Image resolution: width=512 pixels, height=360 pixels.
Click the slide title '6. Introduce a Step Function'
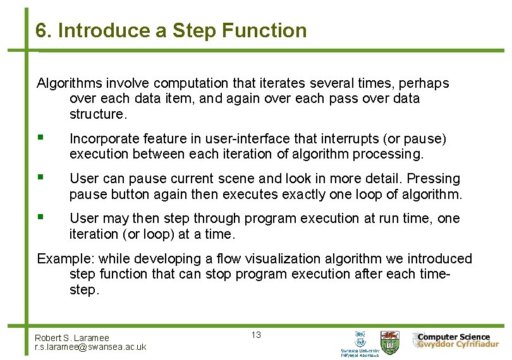171,30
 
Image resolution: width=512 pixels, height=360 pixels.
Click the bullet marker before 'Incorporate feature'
40,138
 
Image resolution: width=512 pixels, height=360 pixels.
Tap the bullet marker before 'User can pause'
40,178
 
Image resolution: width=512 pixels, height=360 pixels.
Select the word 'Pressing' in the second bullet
435,179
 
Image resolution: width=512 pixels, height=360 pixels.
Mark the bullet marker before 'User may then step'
40,217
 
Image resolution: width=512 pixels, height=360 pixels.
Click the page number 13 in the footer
256,335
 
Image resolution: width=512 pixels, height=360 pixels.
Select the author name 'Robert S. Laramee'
72,338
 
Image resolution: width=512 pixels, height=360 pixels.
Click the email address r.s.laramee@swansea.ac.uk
90,347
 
